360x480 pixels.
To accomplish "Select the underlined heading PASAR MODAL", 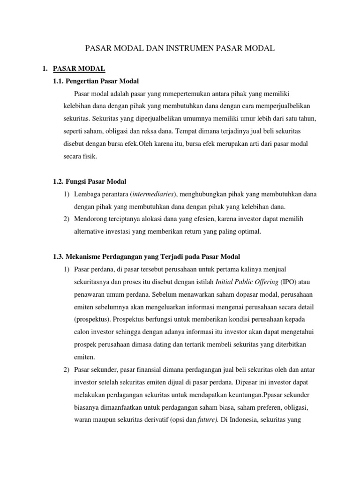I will click(79, 69).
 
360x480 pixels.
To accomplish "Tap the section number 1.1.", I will click(61, 81).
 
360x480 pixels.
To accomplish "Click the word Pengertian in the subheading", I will click(90, 81).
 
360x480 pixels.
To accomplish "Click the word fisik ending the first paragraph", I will click(89, 157).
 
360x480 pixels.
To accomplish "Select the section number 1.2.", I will click(61, 181).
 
